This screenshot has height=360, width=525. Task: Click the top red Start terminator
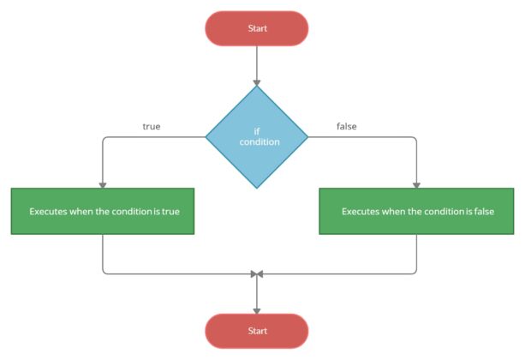pos(257,28)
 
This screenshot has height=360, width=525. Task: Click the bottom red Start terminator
pos(257,331)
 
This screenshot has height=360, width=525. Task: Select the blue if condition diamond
pos(257,136)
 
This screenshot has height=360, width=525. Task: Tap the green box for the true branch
pos(103,211)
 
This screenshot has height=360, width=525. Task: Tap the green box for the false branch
pos(416,211)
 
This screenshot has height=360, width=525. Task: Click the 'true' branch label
pos(152,127)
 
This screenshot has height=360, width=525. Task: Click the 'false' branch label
pos(347,127)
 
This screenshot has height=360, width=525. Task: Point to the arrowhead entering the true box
pos(103,183)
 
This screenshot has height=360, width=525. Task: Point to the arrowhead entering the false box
pos(416,183)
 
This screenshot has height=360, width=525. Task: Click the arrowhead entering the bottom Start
pos(257,309)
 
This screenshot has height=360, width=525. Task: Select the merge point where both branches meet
pos(257,274)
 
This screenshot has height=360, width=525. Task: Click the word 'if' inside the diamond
pos(256,131)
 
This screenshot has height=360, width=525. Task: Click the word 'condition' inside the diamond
pos(257,141)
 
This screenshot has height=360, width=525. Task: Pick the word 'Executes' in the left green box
pos(49,211)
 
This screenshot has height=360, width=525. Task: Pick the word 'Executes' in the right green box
pos(361,211)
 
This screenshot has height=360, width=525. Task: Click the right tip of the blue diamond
pos(307,136)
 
